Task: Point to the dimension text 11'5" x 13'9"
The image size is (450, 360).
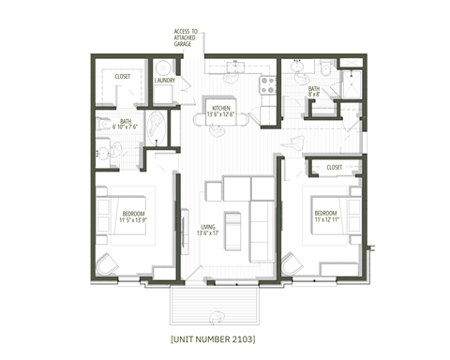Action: pos(132,222)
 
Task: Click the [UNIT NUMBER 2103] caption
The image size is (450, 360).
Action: pos(214,336)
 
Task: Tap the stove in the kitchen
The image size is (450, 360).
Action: pos(265,82)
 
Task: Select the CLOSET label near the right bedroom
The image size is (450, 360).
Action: pos(335,168)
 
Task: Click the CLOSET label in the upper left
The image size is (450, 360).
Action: pos(122,77)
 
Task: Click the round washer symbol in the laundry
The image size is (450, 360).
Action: pos(164,67)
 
